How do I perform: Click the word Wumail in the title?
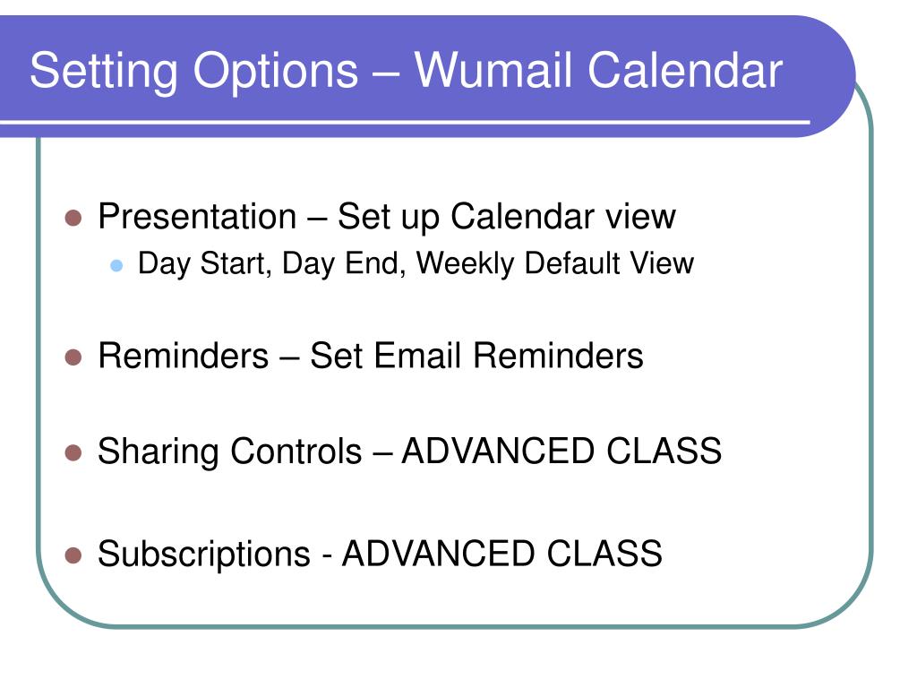493,70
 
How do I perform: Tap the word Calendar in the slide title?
685,70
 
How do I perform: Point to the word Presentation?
197,217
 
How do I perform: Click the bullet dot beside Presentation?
73,219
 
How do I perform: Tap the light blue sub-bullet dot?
116,265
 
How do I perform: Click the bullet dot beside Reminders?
73,357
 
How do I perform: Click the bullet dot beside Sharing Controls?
73,452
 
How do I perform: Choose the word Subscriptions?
203,555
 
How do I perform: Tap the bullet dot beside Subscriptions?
73,555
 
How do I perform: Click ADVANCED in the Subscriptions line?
438,554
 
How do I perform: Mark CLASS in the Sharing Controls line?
664,451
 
